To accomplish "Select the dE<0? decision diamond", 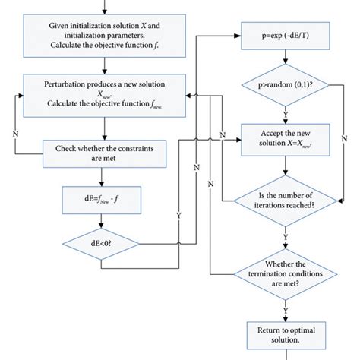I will (x=101, y=245).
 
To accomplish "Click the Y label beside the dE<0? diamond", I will (x=178, y=215).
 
